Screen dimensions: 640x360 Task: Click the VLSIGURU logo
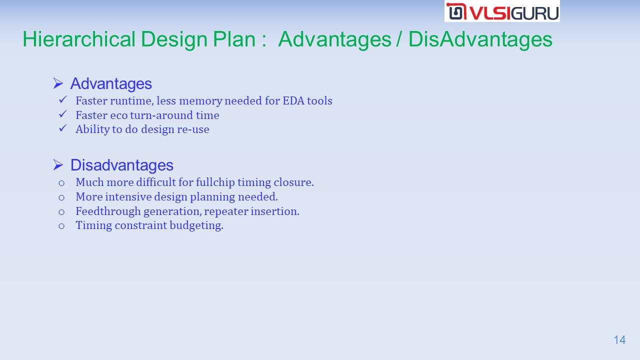[502, 11]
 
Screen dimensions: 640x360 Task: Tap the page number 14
[619, 340]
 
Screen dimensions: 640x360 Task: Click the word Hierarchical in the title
[79, 39]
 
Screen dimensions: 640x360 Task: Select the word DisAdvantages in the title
[480, 39]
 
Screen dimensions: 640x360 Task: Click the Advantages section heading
[111, 83]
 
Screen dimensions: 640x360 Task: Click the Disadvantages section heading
[122, 165]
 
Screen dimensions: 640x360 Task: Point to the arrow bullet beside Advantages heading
[58, 83]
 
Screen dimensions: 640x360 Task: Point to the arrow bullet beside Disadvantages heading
[58, 165]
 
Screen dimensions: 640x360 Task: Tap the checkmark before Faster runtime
[63, 99]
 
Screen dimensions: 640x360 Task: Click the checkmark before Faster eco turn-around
[63, 114]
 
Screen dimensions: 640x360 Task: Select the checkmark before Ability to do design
[63, 128]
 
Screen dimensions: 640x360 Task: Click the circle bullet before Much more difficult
[61, 183]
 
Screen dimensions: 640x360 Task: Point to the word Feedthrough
[108, 211]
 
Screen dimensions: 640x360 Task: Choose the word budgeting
[196, 225]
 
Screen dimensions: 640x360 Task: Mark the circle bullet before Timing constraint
[61, 226]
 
